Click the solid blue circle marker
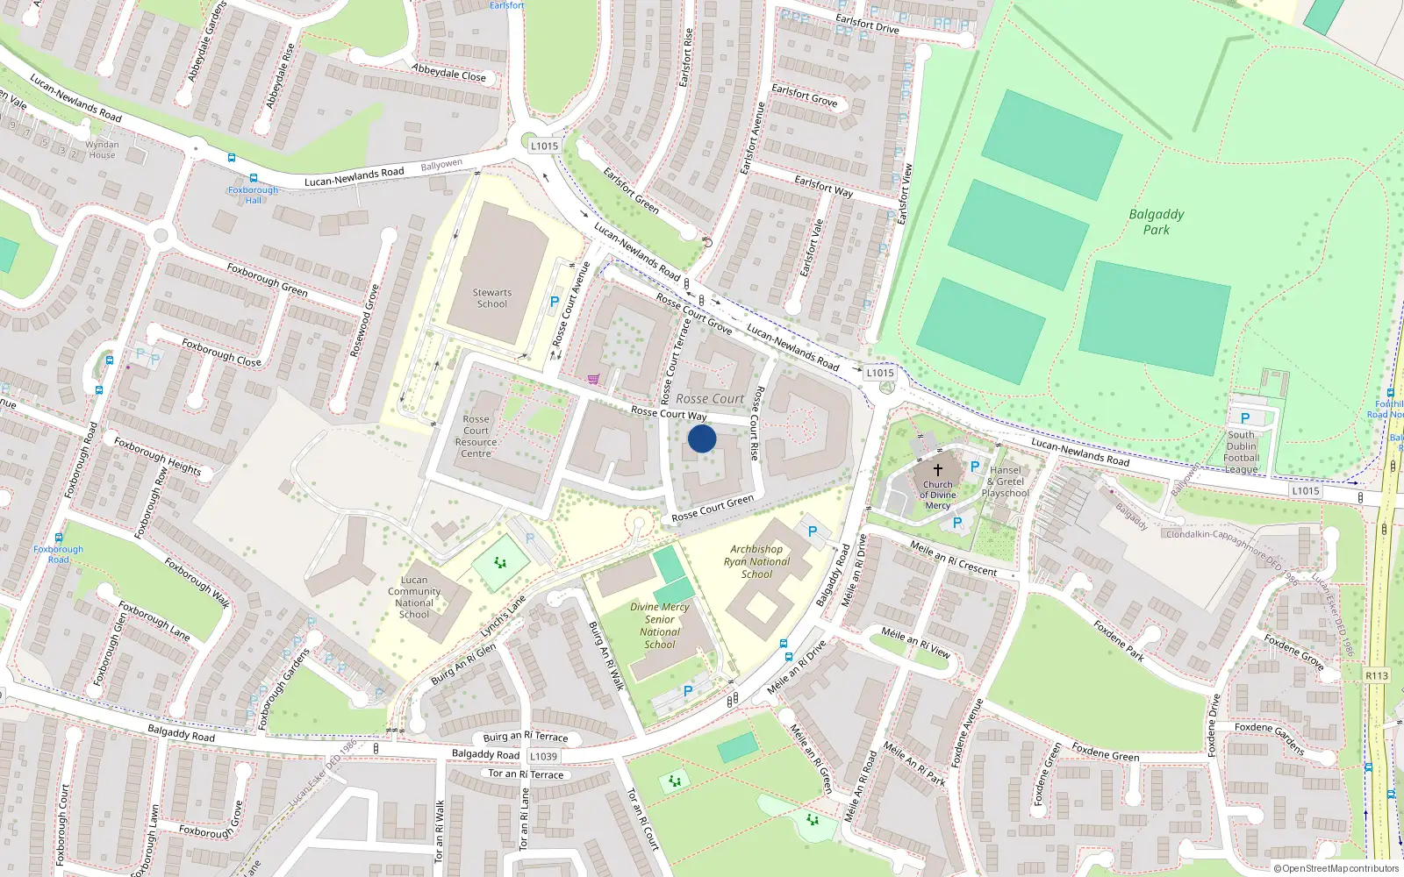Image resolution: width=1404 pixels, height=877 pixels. click(702, 438)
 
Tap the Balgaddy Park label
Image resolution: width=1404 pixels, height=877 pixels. click(1156, 221)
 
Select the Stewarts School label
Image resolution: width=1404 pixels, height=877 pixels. click(492, 298)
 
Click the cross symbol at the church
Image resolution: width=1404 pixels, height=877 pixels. click(937, 470)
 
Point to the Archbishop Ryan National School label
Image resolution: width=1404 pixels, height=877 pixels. click(756, 561)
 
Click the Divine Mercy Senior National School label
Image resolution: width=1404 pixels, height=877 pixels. click(660, 625)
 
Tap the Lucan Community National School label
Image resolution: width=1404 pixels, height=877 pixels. click(414, 596)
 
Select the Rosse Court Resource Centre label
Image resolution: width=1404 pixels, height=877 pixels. click(476, 436)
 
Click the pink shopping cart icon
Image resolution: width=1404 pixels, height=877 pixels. click(594, 380)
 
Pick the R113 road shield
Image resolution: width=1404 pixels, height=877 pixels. click(1377, 675)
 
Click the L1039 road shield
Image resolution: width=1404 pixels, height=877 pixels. click(543, 756)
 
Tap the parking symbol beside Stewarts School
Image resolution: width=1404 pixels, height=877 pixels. click(554, 302)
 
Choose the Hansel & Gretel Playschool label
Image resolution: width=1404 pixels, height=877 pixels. click(1006, 481)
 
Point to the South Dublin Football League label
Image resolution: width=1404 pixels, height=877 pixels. click(1241, 452)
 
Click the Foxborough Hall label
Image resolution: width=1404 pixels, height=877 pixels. click(253, 195)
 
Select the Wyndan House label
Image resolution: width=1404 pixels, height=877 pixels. click(102, 150)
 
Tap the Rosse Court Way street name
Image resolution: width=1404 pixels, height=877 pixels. click(669, 413)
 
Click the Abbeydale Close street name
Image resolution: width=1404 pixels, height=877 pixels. click(448, 73)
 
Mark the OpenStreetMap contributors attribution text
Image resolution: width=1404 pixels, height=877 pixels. click(1336, 868)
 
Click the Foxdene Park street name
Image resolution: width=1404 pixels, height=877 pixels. click(1119, 640)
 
